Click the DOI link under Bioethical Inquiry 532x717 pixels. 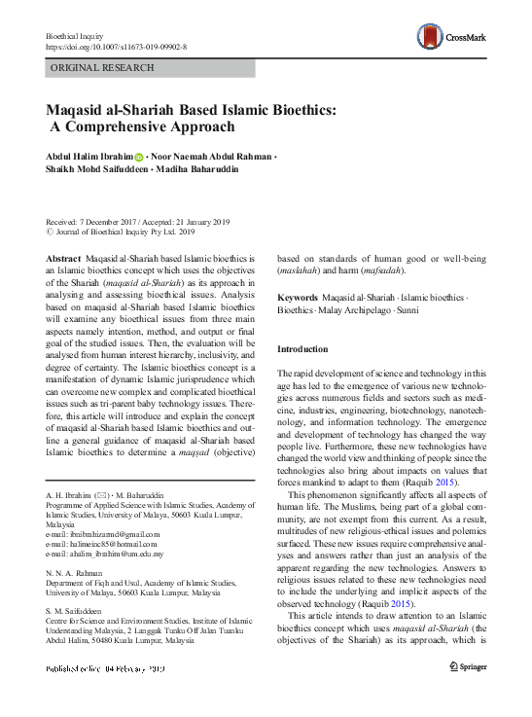click(116, 46)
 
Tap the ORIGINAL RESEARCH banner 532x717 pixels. click(101, 68)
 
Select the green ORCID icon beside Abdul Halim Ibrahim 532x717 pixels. click(139, 157)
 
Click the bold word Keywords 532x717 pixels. click(297, 297)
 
